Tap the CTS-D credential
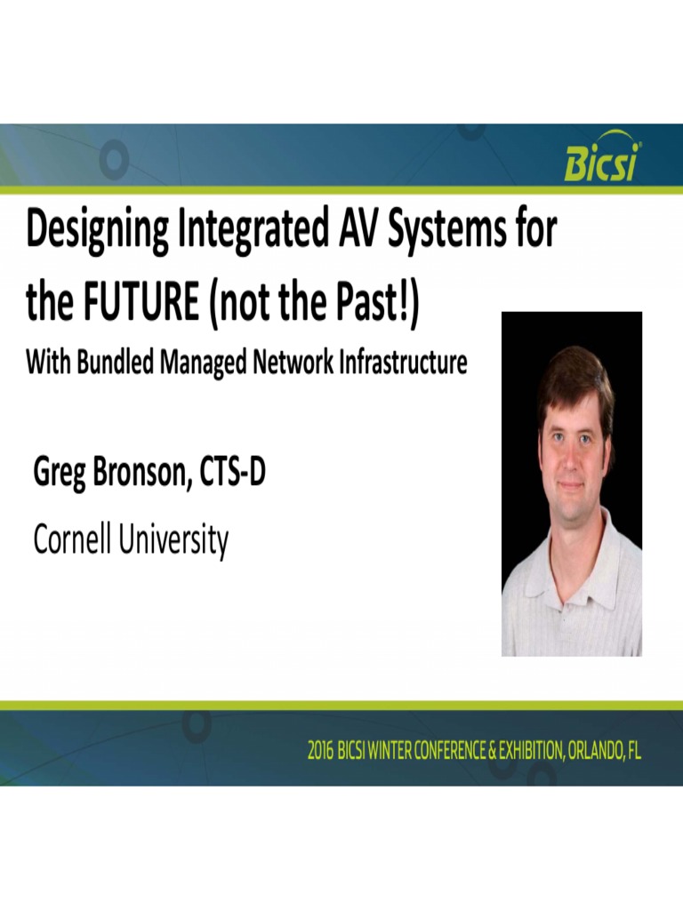[233, 471]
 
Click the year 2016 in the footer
[320, 751]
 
